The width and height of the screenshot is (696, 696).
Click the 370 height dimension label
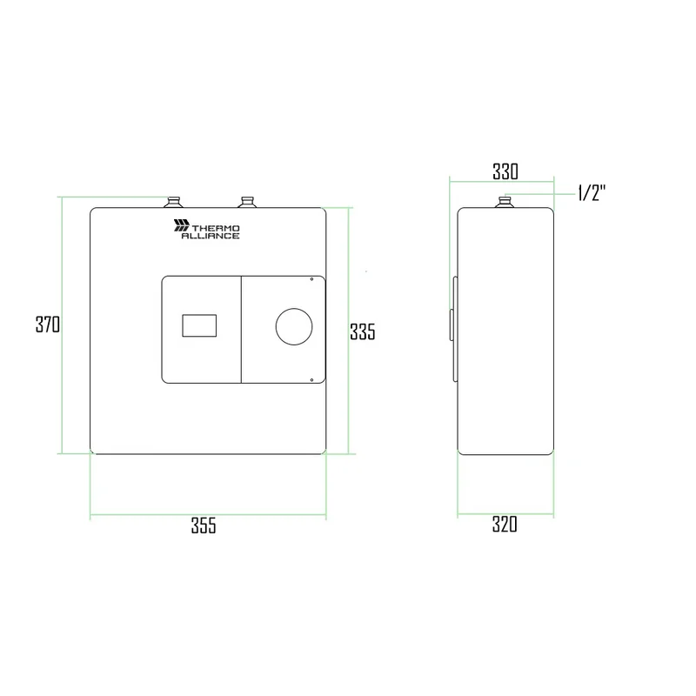[x=48, y=324]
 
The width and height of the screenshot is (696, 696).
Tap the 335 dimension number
[x=362, y=331]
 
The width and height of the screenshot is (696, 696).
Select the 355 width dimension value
[x=204, y=525]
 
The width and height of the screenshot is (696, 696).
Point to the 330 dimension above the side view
[x=505, y=171]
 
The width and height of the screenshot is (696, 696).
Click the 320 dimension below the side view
[x=505, y=525]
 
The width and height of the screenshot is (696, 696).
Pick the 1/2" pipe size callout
[x=592, y=193]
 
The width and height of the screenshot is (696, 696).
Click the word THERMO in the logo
[x=216, y=228]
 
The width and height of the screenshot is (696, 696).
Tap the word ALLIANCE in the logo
[x=211, y=236]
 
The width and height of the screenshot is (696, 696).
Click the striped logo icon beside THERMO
[x=182, y=225]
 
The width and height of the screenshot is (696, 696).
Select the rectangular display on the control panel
[x=199, y=325]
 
